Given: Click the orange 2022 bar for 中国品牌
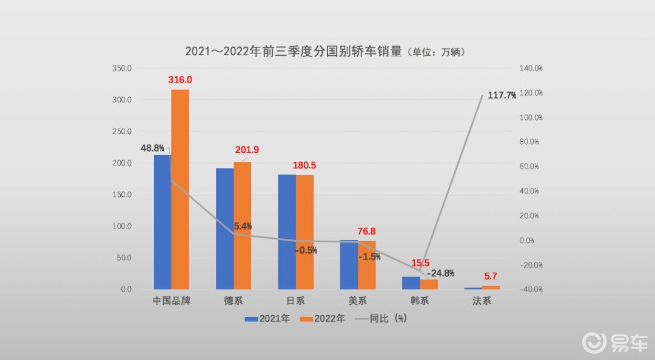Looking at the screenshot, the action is click(180, 189).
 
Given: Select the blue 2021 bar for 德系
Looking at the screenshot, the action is click(225, 229).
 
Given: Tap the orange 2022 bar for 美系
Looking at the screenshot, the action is click(367, 265).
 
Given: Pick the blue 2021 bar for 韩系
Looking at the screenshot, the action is click(411, 283).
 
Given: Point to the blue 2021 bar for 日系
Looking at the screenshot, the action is click(287, 232).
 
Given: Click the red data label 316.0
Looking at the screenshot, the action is click(180, 80).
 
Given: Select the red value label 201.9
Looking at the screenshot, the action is click(247, 150).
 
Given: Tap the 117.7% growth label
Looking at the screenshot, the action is click(502, 95).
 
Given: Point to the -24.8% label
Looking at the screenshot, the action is click(440, 273).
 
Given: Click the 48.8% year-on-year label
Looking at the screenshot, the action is click(152, 148).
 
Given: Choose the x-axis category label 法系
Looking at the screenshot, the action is click(482, 301).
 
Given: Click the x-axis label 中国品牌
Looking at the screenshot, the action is click(172, 301).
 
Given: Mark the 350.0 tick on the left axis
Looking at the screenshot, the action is click(122, 68).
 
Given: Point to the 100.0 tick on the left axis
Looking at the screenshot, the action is click(122, 226).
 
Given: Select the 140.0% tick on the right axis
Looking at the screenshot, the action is click(531, 68).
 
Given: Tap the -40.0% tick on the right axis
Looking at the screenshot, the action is click(531, 289).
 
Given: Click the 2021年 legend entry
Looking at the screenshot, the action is click(267, 319).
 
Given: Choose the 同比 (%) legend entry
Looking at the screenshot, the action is click(380, 319).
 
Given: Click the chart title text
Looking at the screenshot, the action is click(325, 52).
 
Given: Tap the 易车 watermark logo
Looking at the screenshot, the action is click(616, 342).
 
